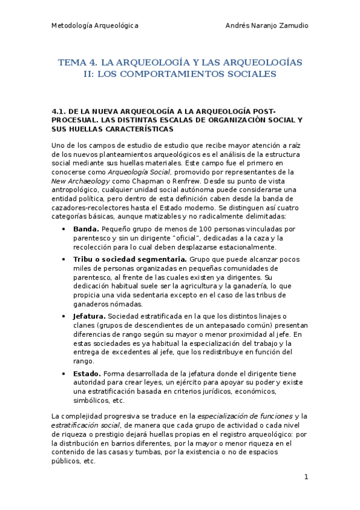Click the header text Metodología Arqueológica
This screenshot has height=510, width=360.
[x=95, y=26]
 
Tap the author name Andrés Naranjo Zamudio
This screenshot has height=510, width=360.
[x=266, y=26]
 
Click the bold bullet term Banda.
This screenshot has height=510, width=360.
[x=86, y=229]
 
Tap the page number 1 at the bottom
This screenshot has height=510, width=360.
[x=306, y=477]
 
